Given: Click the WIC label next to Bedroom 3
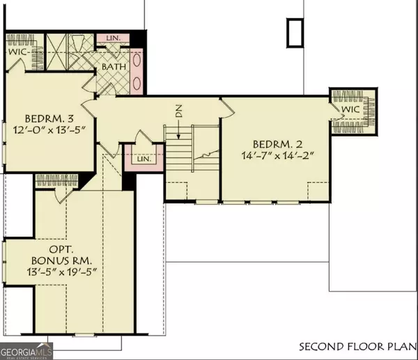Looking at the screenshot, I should pyautogui.click(x=17, y=52).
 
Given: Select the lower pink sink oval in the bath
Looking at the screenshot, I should pyautogui.click(x=136, y=81).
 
